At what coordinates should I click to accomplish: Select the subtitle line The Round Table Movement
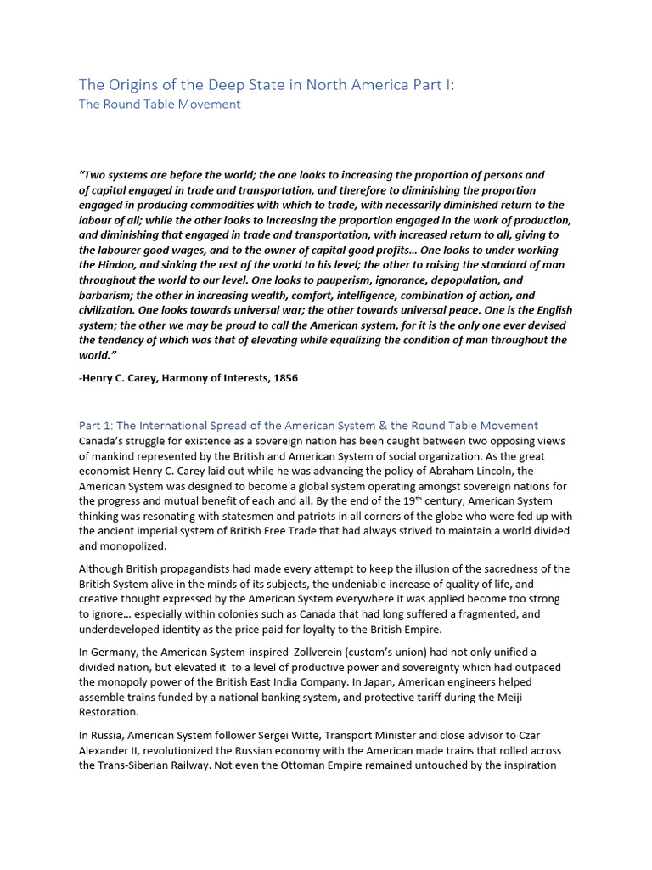[160, 105]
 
